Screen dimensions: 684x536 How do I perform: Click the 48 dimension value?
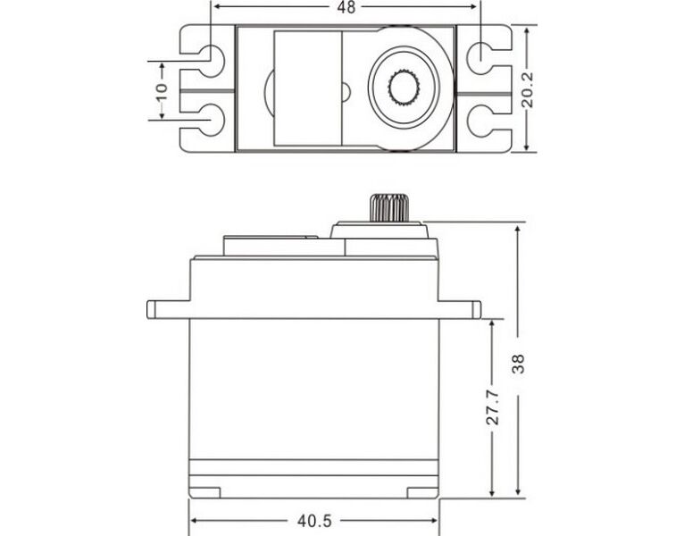pyautogui.click(x=346, y=7)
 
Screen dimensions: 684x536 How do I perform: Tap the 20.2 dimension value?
pyautogui.click(x=528, y=89)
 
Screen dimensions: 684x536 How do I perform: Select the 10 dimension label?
pyautogui.click(x=162, y=91)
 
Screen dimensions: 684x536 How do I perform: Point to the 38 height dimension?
pyautogui.click(x=518, y=364)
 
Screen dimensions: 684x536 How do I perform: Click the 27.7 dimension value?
pyautogui.click(x=493, y=407)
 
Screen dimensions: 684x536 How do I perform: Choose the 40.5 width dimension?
pyautogui.click(x=314, y=521)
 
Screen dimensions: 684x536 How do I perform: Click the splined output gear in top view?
pyautogui.click(x=404, y=88)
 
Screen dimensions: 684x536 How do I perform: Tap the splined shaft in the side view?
pyautogui.click(x=389, y=207)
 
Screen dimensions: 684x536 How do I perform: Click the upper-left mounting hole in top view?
pyautogui.click(x=213, y=61)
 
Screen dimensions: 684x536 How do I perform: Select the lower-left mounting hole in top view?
pyautogui.click(x=213, y=120)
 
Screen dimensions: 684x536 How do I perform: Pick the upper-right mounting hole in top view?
pyautogui.click(x=480, y=58)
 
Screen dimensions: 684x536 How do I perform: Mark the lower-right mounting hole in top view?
pyautogui.click(x=480, y=119)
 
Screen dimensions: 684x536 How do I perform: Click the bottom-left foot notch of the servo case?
pyautogui.click(x=205, y=493)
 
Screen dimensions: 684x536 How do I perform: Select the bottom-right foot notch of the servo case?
pyautogui.click(x=422, y=493)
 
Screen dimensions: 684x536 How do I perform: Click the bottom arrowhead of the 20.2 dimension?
pyautogui.click(x=527, y=147)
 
